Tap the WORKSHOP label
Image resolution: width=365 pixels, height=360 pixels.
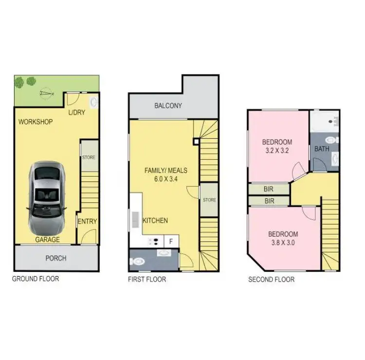(x=36, y=122)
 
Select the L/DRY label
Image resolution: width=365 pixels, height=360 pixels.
(x=76, y=113)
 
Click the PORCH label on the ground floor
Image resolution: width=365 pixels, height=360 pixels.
(x=55, y=258)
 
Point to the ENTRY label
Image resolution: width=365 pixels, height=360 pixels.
(x=87, y=221)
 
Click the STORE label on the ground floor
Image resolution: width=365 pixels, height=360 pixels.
(x=89, y=157)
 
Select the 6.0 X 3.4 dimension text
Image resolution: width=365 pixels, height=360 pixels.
(x=165, y=179)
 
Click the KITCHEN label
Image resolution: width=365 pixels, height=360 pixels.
(x=155, y=221)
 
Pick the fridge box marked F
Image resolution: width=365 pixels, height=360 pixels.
(x=171, y=240)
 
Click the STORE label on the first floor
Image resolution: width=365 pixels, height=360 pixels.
(x=209, y=200)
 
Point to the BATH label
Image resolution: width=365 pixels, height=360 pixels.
(x=322, y=149)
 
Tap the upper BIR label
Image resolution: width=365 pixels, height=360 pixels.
(x=268, y=189)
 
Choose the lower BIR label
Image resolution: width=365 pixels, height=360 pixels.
(x=268, y=200)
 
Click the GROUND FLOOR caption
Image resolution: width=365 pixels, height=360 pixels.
(x=36, y=279)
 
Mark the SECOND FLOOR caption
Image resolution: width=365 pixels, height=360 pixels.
(x=271, y=280)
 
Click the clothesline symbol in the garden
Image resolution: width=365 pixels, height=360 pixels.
(x=47, y=91)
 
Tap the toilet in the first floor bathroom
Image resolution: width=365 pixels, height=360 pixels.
(x=137, y=261)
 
